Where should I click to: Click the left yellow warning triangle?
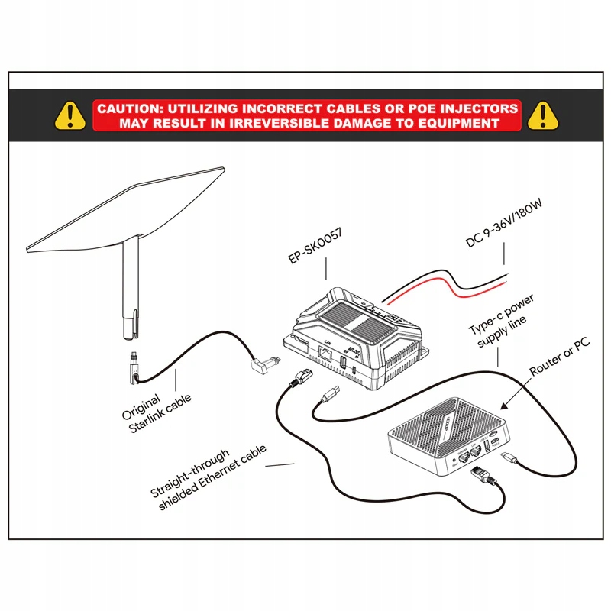click(x=71, y=115)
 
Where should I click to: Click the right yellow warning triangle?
click(x=542, y=115)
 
